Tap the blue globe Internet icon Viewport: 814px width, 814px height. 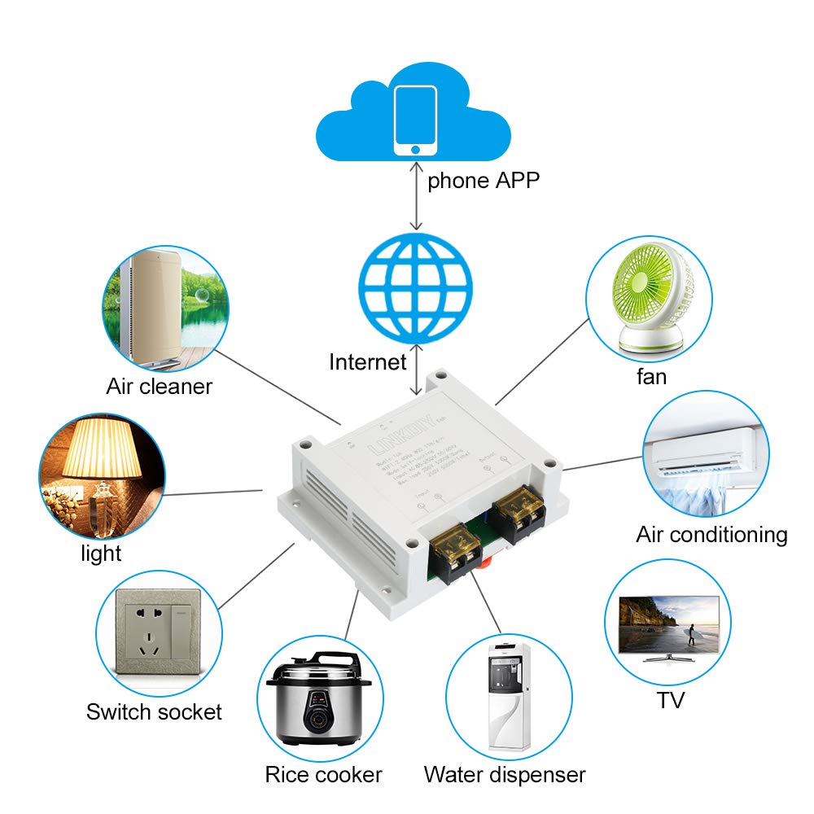[x=416, y=288]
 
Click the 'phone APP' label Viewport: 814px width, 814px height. [x=484, y=180]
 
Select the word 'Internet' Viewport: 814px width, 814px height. [x=367, y=361]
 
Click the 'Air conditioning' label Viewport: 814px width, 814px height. [x=711, y=535]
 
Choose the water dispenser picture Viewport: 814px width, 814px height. [x=509, y=695]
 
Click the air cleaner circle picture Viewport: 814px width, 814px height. [x=162, y=306]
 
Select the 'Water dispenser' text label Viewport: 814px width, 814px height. [x=504, y=774]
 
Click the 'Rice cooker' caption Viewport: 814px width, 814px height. [x=323, y=774]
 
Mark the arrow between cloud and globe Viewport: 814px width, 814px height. [x=416, y=195]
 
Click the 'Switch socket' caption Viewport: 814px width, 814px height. [x=154, y=712]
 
